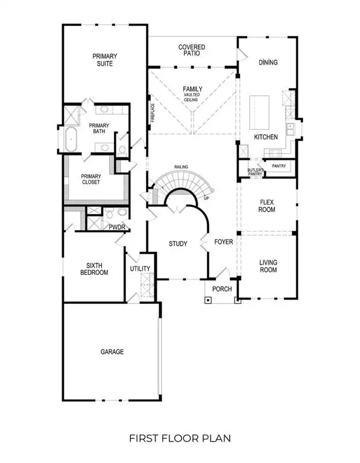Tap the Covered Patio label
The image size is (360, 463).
tap(192, 50)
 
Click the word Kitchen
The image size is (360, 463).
tap(265, 137)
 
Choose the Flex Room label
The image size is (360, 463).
tap(267, 206)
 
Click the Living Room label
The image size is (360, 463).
tap(268, 266)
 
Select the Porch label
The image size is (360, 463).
tap(222, 289)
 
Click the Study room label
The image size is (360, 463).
tap(178, 244)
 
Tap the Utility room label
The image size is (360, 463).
tap(140, 269)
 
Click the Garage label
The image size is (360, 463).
tap(112, 351)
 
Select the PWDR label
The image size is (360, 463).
tap(116, 227)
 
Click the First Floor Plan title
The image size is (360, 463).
tap(180, 438)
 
